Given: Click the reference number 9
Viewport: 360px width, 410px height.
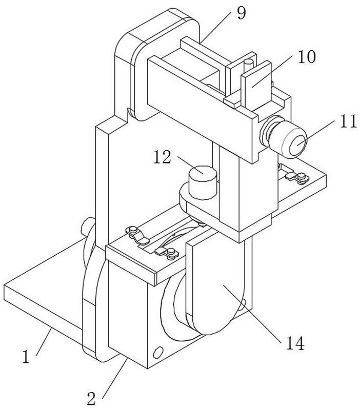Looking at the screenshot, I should (241, 13).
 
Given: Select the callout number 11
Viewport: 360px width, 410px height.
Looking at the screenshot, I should (342, 122).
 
